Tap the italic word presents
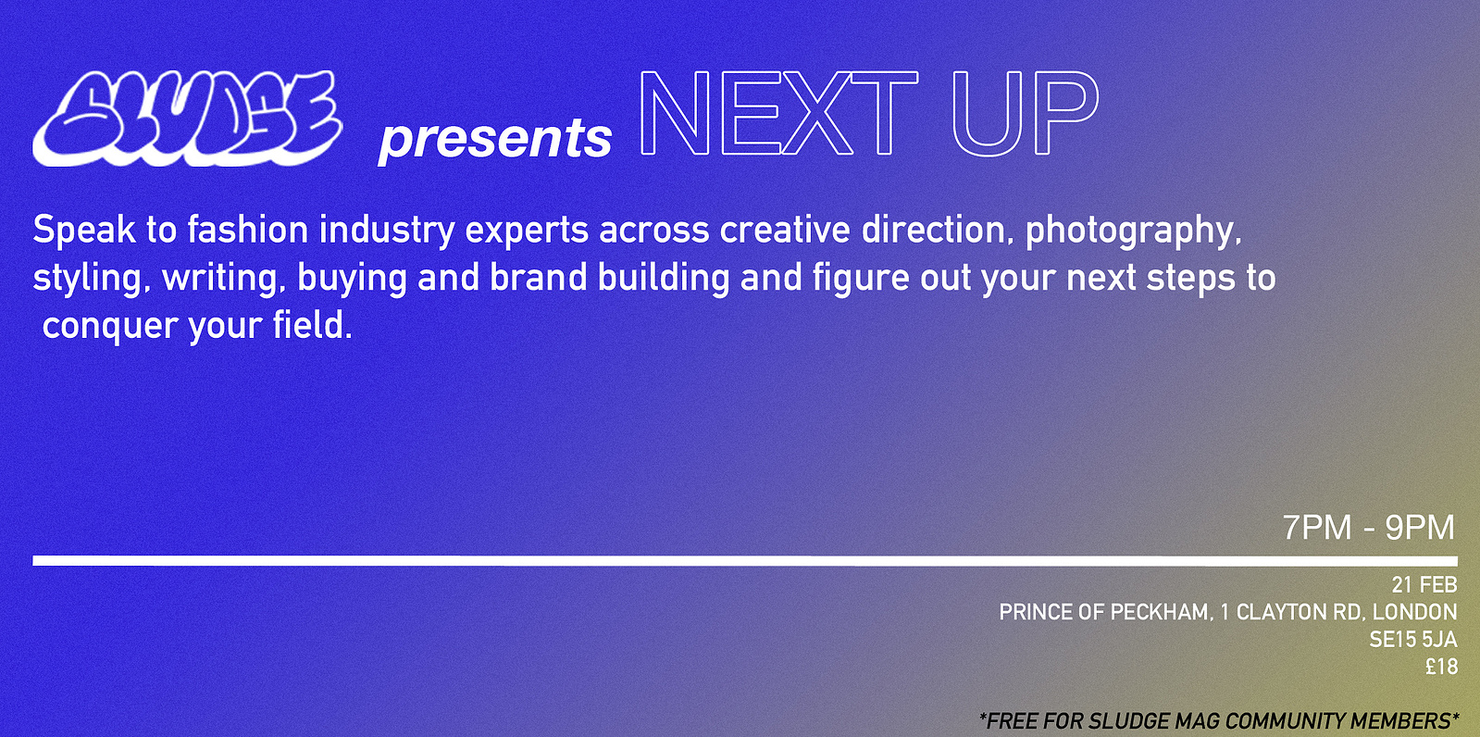(495, 140)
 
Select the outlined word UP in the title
(1025, 113)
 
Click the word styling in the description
(87, 280)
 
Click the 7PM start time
(1317, 528)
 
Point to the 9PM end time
(1420, 528)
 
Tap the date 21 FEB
(1424, 585)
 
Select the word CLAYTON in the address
(1280, 613)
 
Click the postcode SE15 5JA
(1412, 640)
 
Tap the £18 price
(1442, 667)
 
